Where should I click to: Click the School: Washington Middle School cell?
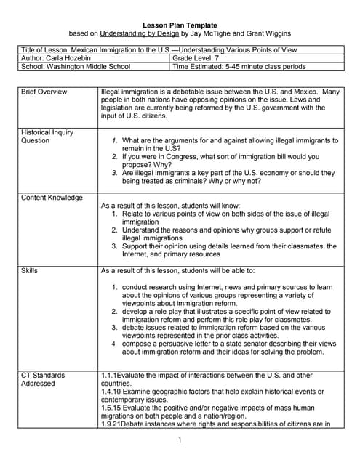pos(76,66)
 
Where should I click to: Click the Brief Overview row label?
pos(44,92)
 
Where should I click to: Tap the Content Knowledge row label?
pos(52,198)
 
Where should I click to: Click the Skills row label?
pos(30,270)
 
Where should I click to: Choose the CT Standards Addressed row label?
pos(43,380)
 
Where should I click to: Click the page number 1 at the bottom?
pos(180,441)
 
